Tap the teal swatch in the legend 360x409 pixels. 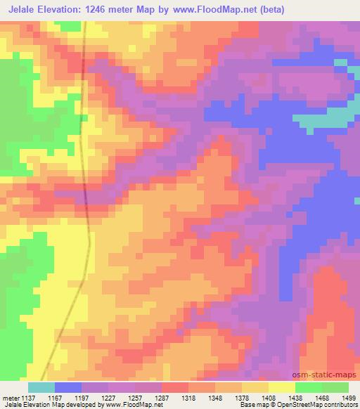pos(41,387)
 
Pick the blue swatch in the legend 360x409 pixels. pos(67,387)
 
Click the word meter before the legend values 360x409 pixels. pos(12,397)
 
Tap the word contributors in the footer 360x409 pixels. pos(339,405)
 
